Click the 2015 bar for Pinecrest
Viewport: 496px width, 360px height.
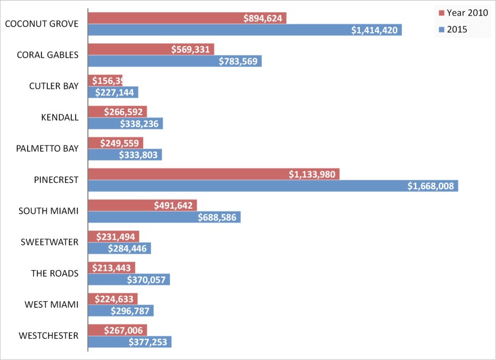click(x=273, y=186)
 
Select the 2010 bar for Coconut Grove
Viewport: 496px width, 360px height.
click(x=187, y=18)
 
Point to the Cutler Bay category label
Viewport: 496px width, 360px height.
click(x=53, y=86)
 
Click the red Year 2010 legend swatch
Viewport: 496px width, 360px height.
click(x=441, y=13)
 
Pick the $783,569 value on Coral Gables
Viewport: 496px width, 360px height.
click(x=239, y=61)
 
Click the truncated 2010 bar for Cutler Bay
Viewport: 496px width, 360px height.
click(x=105, y=81)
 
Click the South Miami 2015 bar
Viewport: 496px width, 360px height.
click(x=164, y=217)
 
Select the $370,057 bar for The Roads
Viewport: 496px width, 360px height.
click(x=129, y=279)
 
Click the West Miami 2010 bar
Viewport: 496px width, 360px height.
click(x=113, y=298)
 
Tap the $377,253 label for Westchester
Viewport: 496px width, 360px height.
click(x=148, y=342)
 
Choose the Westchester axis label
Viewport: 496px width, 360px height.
click(x=48, y=335)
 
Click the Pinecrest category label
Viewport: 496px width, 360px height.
click(x=56, y=179)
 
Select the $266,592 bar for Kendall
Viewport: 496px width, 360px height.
click(x=117, y=112)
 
